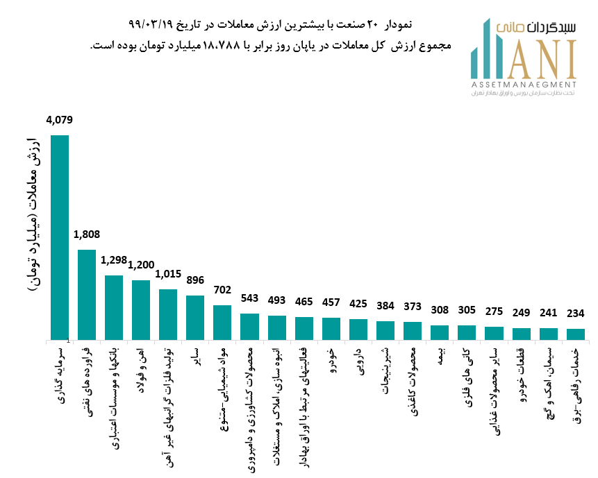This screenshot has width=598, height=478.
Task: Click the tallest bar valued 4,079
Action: pos(60,237)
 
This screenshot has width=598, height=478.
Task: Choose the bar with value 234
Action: pos(576,334)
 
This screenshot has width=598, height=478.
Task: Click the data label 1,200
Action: pos(141,265)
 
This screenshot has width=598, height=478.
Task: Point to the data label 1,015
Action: pos(168,274)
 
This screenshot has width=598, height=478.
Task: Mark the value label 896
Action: pos(195,280)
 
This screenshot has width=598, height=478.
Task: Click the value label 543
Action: pos(249,298)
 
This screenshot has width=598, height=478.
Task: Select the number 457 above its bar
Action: pos(331,302)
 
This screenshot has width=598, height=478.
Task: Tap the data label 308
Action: pos(440,310)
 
